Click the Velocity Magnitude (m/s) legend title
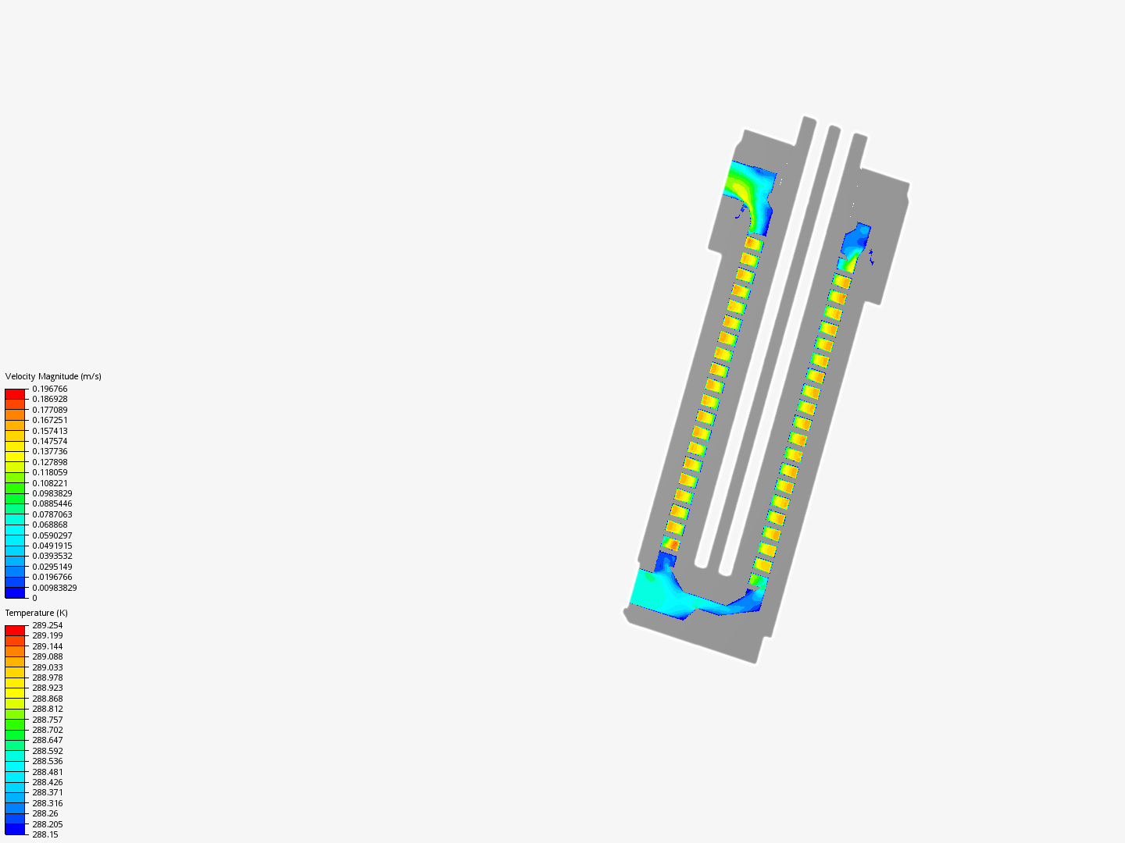(53, 376)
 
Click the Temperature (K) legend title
(37, 613)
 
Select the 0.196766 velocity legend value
(50, 389)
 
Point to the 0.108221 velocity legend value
(50, 483)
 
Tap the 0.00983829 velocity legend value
(55, 588)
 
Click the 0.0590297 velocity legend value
(52, 535)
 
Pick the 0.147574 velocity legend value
(50, 441)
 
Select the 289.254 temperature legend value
(48, 625)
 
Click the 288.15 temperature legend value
(45, 834)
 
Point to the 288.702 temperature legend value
(48, 730)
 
